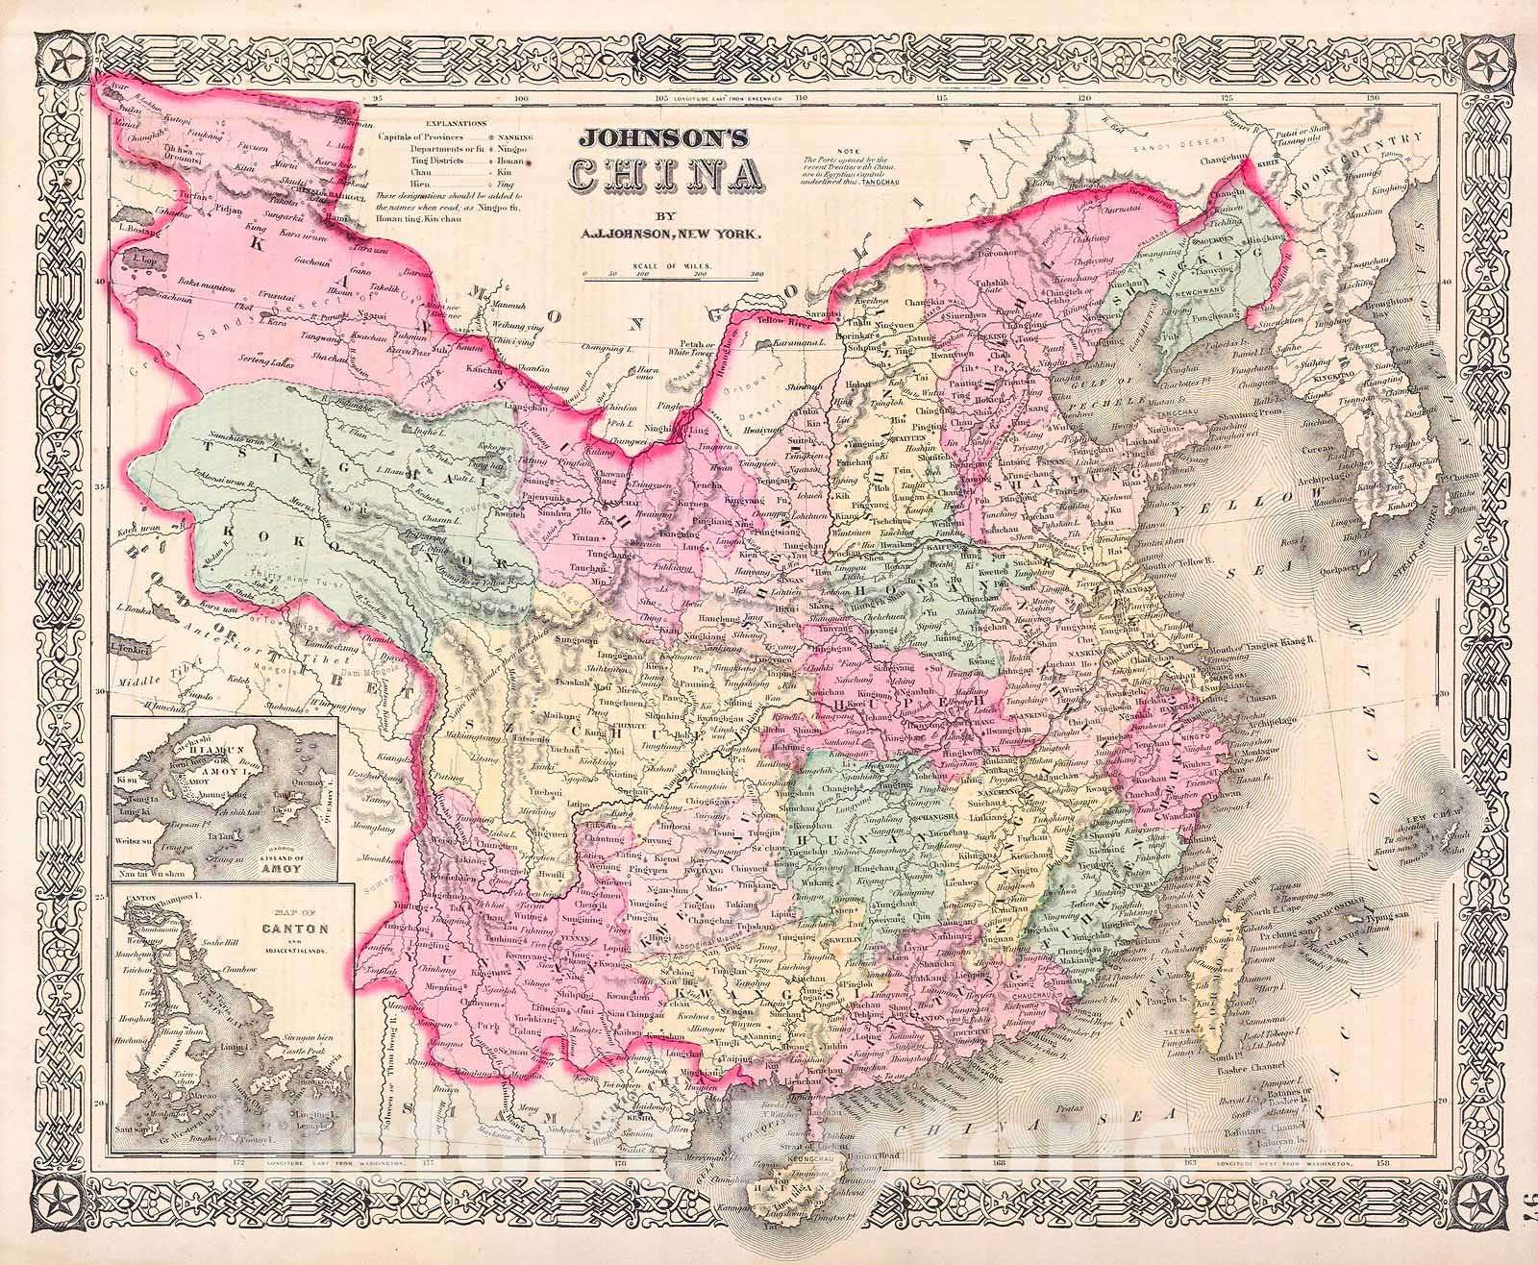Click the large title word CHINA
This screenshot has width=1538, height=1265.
[667, 174]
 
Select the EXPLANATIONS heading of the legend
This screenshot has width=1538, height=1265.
[455, 124]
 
